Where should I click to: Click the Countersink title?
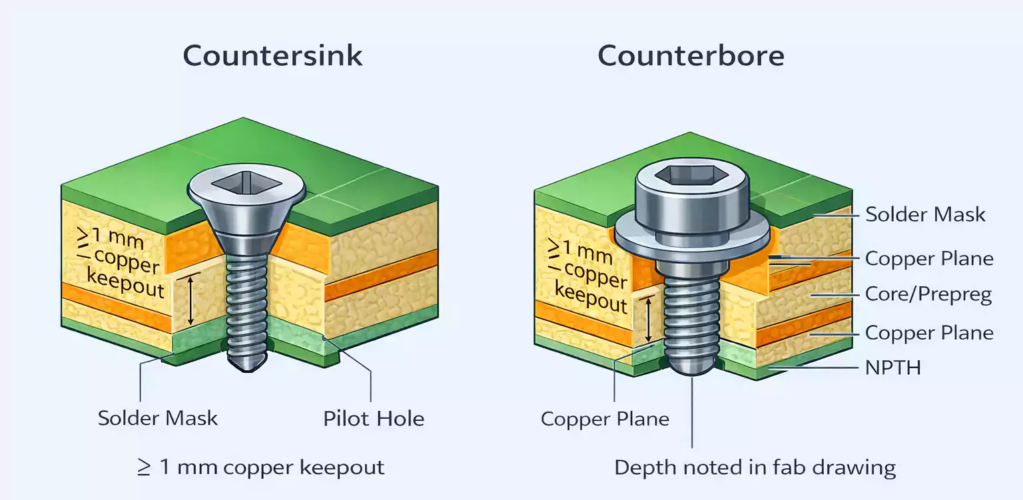point(272,55)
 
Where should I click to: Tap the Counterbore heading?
point(691,55)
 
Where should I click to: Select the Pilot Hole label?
point(374,419)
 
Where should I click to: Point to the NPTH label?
point(892,367)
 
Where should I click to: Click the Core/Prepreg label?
point(928,294)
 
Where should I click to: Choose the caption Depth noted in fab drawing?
point(755,467)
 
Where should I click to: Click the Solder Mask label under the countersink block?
point(158,418)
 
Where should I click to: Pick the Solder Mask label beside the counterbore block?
point(925,214)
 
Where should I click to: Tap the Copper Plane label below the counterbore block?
point(605,419)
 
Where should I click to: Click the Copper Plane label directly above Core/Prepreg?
point(928,258)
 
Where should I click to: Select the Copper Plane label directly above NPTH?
point(928,332)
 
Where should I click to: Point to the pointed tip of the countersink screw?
point(246,364)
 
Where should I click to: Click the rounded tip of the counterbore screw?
point(693,368)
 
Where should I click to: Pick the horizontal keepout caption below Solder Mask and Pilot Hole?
point(260,467)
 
